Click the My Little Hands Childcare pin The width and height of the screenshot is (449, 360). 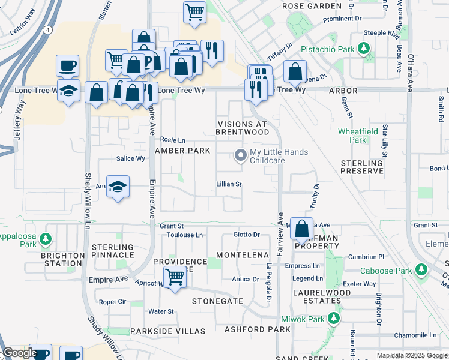[241, 155]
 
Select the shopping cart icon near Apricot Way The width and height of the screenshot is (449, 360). [175, 277]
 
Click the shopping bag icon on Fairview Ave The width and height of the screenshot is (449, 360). [302, 228]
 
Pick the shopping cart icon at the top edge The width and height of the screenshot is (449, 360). [194, 11]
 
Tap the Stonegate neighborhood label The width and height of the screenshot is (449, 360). [217, 301]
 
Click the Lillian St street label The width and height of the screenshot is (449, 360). [229, 184]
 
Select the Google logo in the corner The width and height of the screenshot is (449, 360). [20, 353]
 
